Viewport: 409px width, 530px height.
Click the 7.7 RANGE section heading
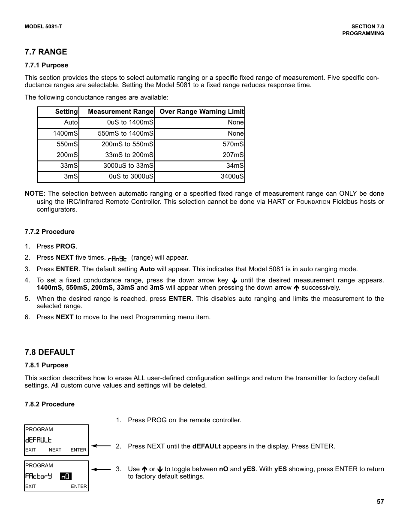pyautogui.click(x=46, y=52)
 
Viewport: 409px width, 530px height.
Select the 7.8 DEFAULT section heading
pyautogui.click(x=50, y=352)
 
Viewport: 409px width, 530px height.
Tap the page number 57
pyautogui.click(x=380, y=502)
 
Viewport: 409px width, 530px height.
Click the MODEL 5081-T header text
pyautogui.click(x=43, y=27)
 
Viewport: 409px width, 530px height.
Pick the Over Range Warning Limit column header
pyautogui.click(x=201, y=112)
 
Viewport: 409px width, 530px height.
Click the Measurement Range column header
pyautogui.click(x=120, y=112)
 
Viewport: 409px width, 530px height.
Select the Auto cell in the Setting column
pyautogui.click(x=71, y=122)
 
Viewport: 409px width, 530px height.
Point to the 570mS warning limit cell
pyautogui.click(x=233, y=144)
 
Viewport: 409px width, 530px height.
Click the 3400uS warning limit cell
pyautogui.click(x=232, y=176)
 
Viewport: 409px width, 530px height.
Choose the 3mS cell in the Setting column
pyautogui.click(x=71, y=176)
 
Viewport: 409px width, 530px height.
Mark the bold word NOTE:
pyautogui.click(x=35, y=194)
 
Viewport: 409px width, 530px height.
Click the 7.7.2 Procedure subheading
pyautogui.click(x=49, y=232)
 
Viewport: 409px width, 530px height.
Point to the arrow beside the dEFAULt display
pyautogui.click(x=101, y=446)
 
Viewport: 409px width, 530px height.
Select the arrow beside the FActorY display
pyautogui.click(x=101, y=469)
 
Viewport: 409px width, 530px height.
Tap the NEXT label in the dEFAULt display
pyautogui.click(x=55, y=450)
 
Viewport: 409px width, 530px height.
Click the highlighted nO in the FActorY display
pyautogui.click(x=66, y=476)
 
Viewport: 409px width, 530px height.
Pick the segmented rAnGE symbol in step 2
pyautogui.click(x=117, y=258)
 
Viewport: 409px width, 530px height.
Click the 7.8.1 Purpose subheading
pyautogui.click(x=46, y=365)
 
